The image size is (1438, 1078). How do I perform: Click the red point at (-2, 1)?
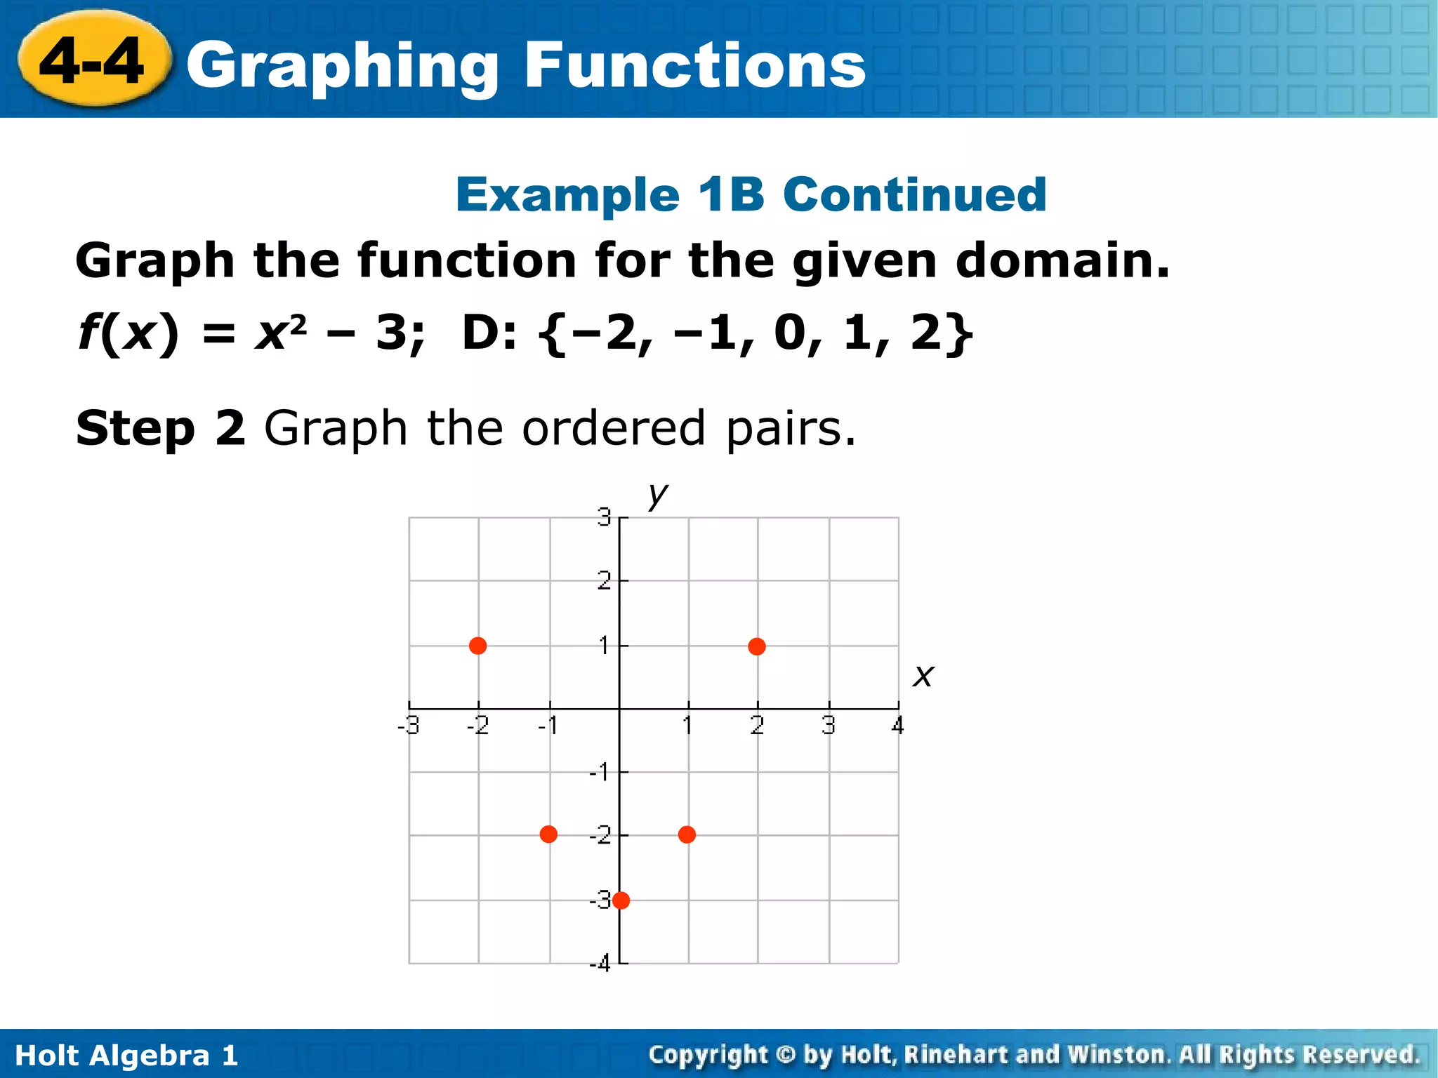(477, 646)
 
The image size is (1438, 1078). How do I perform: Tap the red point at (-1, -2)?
(548, 834)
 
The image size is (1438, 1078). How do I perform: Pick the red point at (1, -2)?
(687, 834)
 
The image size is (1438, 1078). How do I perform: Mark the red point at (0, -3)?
(621, 900)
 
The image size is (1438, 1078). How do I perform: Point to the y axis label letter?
(657, 495)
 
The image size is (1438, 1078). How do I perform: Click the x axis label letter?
(923, 676)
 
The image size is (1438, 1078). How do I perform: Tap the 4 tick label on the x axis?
(897, 726)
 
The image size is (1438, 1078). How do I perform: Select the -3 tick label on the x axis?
(409, 726)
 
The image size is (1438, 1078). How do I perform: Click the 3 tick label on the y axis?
(604, 518)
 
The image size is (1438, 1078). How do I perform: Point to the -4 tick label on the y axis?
(600, 964)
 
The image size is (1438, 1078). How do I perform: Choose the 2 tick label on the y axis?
(604, 581)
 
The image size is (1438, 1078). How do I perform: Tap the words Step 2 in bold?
(161, 428)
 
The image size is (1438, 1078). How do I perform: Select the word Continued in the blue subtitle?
(914, 194)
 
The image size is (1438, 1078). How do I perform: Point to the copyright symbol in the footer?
(786, 1055)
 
